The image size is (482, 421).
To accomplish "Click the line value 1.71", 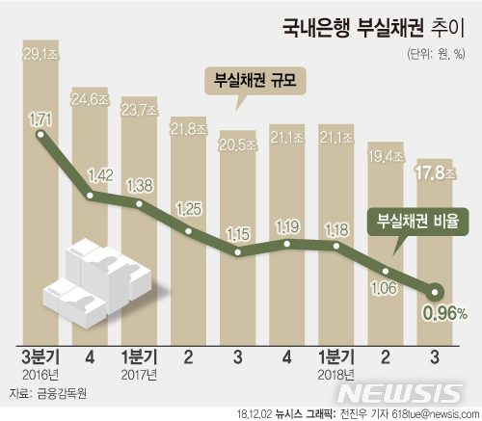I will tap(40, 118).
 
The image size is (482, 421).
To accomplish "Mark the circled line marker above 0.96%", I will tap(435, 290).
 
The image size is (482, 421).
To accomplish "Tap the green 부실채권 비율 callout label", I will tap(417, 218).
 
